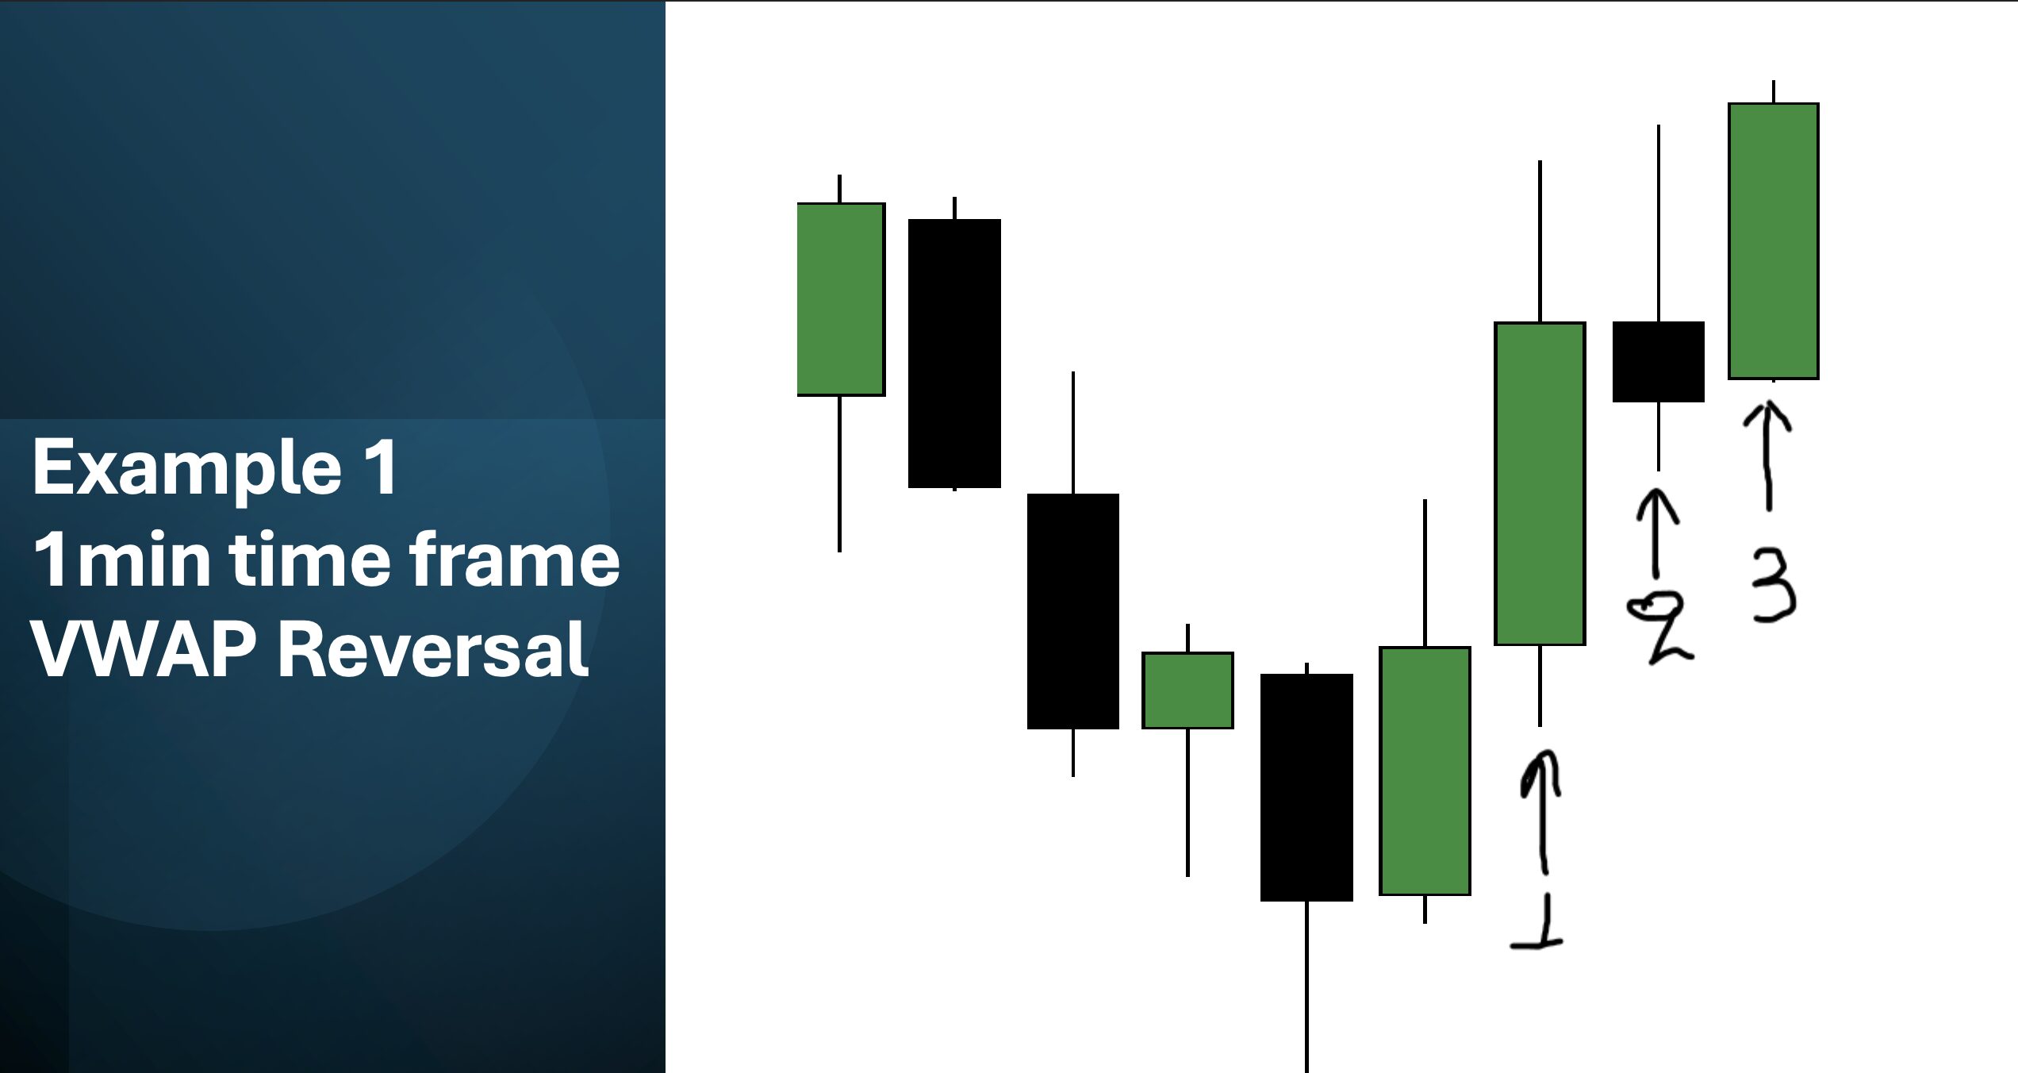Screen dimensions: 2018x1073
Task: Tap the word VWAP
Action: [x=144, y=649]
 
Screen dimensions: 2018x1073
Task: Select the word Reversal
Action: [x=433, y=649]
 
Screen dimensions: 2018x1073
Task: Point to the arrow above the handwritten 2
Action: [x=1656, y=533]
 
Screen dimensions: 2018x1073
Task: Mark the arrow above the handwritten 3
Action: [x=1767, y=456]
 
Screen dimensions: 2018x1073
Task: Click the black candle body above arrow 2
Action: [x=1659, y=362]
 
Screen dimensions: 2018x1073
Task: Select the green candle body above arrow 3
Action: [x=1774, y=241]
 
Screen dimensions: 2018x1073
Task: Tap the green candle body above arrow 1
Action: [x=1540, y=483]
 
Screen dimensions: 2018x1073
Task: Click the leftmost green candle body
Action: [x=841, y=299]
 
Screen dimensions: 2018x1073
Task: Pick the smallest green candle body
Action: [x=1187, y=690]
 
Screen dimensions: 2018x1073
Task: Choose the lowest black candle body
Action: [x=1306, y=787]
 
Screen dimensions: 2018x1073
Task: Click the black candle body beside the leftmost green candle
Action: [x=954, y=353]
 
